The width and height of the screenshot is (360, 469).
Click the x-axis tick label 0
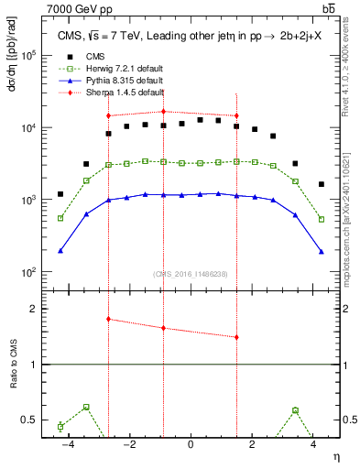click(191, 444)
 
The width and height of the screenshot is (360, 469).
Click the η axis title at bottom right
click(335, 456)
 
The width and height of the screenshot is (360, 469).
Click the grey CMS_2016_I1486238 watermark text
click(191, 274)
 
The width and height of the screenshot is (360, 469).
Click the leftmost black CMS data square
click(60, 194)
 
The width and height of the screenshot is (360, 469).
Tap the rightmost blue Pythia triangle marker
click(322, 251)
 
